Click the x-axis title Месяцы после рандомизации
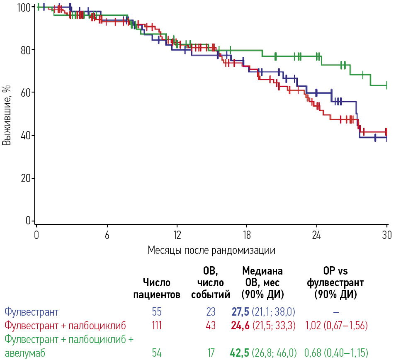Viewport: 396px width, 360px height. click(x=211, y=251)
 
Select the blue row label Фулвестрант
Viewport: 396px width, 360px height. click(x=32, y=311)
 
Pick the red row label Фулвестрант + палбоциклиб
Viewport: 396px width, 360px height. click(x=65, y=325)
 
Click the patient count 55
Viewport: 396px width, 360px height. click(x=157, y=311)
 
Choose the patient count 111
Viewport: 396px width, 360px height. click(x=157, y=325)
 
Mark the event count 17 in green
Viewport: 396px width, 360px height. click(x=211, y=353)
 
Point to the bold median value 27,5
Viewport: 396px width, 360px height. click(x=241, y=311)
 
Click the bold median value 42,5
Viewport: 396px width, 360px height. click(x=241, y=353)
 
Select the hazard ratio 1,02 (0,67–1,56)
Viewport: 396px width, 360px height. click(x=336, y=325)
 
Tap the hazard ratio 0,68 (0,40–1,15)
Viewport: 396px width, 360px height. click(x=336, y=353)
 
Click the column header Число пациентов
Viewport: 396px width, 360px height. click(x=157, y=289)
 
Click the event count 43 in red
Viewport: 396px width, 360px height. click(x=211, y=325)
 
